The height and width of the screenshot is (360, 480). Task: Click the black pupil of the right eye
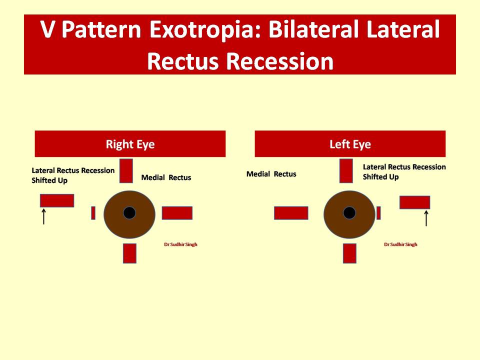click(x=129, y=213)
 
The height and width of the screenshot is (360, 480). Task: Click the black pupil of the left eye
click(x=349, y=213)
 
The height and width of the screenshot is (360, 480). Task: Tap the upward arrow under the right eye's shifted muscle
click(x=44, y=216)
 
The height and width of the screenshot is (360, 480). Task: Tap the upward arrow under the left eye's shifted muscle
click(x=426, y=218)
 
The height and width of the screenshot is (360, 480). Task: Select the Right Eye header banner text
click(x=130, y=144)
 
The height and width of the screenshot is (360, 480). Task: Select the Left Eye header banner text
click(x=350, y=144)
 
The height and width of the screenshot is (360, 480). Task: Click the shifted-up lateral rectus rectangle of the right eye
click(x=57, y=200)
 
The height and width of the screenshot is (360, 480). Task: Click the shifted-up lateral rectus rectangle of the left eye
click(x=415, y=202)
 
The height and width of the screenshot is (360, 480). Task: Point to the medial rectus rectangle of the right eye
click(x=177, y=213)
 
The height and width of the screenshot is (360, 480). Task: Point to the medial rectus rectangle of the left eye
click(x=291, y=213)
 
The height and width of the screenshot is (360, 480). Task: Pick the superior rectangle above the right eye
click(x=126, y=170)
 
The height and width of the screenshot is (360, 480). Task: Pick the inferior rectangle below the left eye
click(x=349, y=253)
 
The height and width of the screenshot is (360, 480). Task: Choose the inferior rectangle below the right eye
click(x=130, y=253)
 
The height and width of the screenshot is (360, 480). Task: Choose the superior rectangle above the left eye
click(x=346, y=170)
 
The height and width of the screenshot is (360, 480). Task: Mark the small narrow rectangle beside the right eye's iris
click(x=93, y=213)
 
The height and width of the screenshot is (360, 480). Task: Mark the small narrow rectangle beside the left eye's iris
click(x=378, y=213)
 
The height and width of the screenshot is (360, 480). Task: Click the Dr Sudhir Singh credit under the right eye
click(x=180, y=244)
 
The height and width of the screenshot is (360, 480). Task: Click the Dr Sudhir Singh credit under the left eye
click(x=400, y=244)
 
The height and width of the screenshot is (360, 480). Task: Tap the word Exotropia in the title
click(x=205, y=29)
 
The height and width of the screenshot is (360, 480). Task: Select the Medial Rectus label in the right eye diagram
click(x=166, y=177)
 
